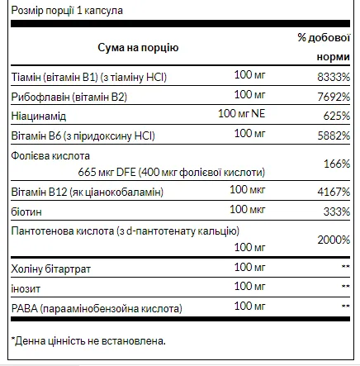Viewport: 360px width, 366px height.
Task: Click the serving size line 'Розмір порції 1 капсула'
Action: click(x=54, y=8)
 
